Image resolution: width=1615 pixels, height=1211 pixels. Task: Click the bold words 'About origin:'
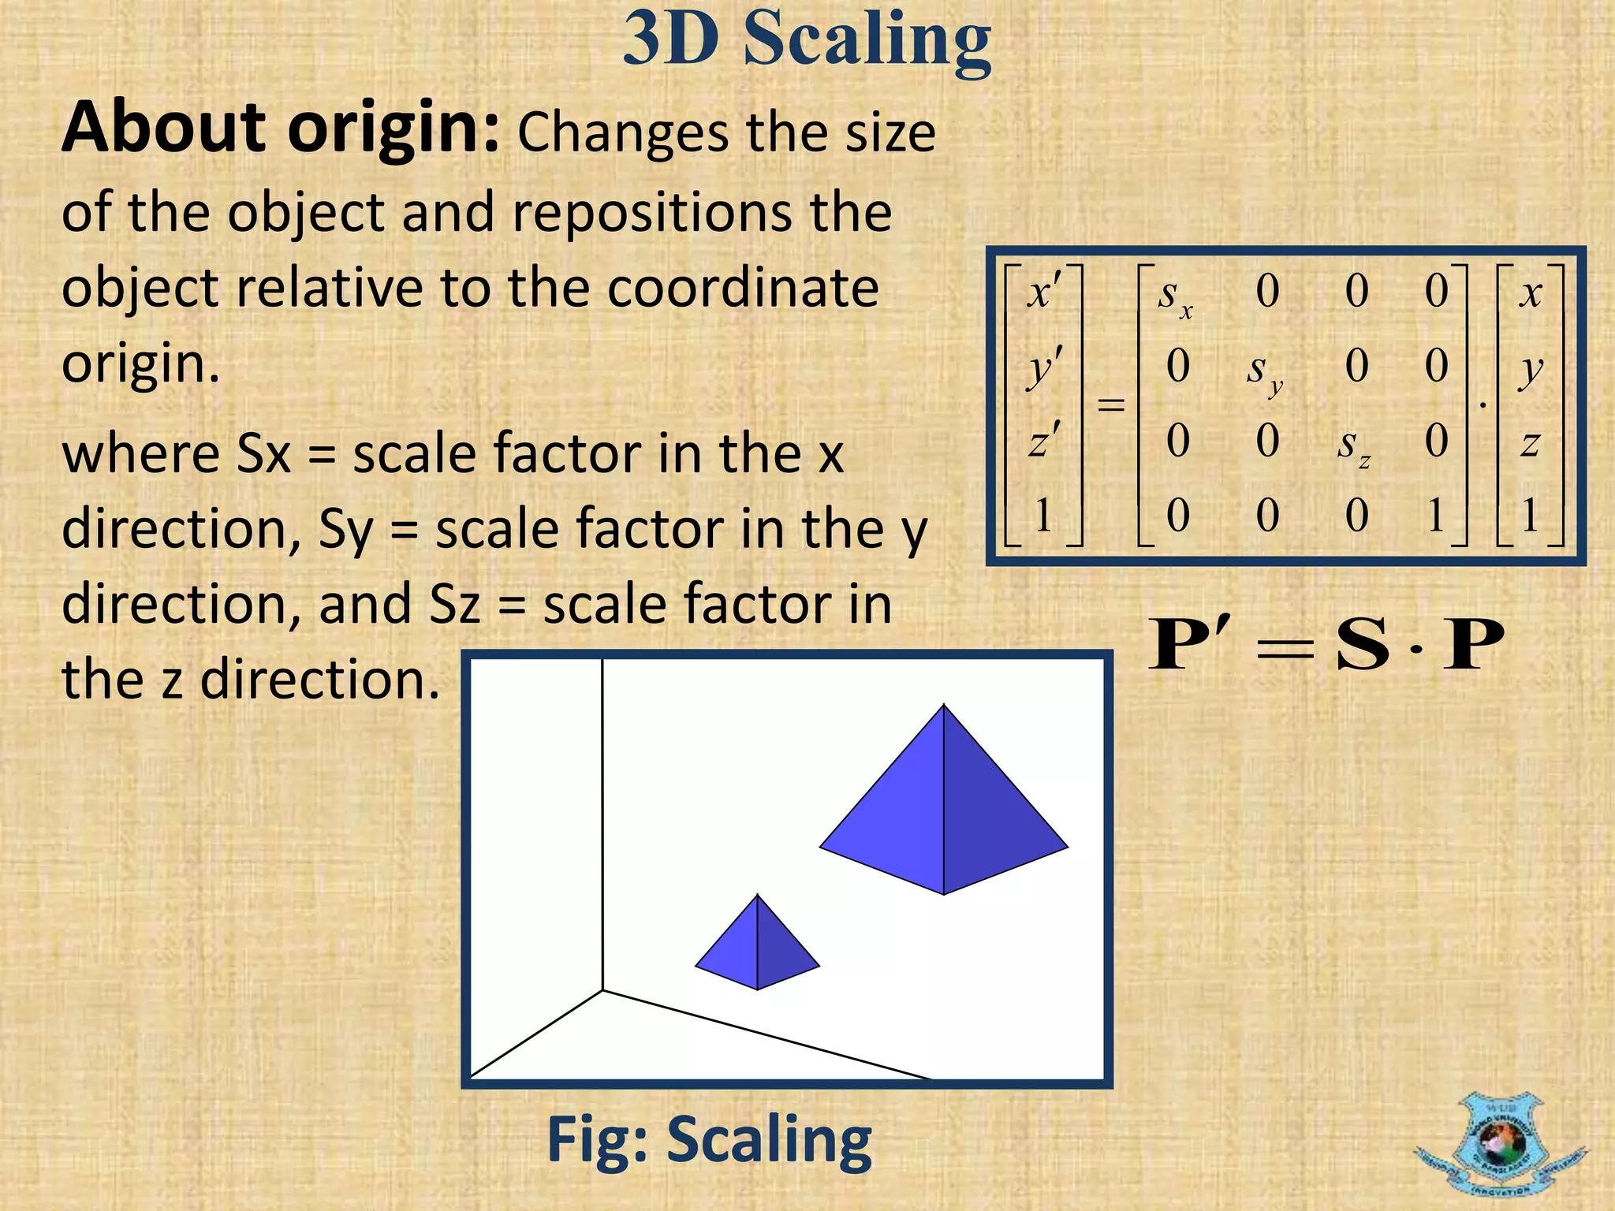[280, 128]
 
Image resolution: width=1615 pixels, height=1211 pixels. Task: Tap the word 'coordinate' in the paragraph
[743, 288]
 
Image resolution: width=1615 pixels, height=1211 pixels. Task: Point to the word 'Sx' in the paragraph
[263, 455]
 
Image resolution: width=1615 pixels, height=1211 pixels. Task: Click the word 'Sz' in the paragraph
[455, 605]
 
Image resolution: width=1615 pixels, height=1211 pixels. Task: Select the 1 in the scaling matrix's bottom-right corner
[1436, 516]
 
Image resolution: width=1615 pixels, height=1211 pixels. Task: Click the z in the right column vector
[1530, 444]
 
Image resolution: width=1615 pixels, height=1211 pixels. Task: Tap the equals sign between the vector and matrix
[1110, 405]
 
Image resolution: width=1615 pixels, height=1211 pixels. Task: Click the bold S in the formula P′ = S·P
[1363, 645]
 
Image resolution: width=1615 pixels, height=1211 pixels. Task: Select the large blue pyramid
[944, 820]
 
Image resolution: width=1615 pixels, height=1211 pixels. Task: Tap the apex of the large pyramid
[944, 706]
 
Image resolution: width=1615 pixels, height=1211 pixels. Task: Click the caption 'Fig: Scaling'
[709, 1140]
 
